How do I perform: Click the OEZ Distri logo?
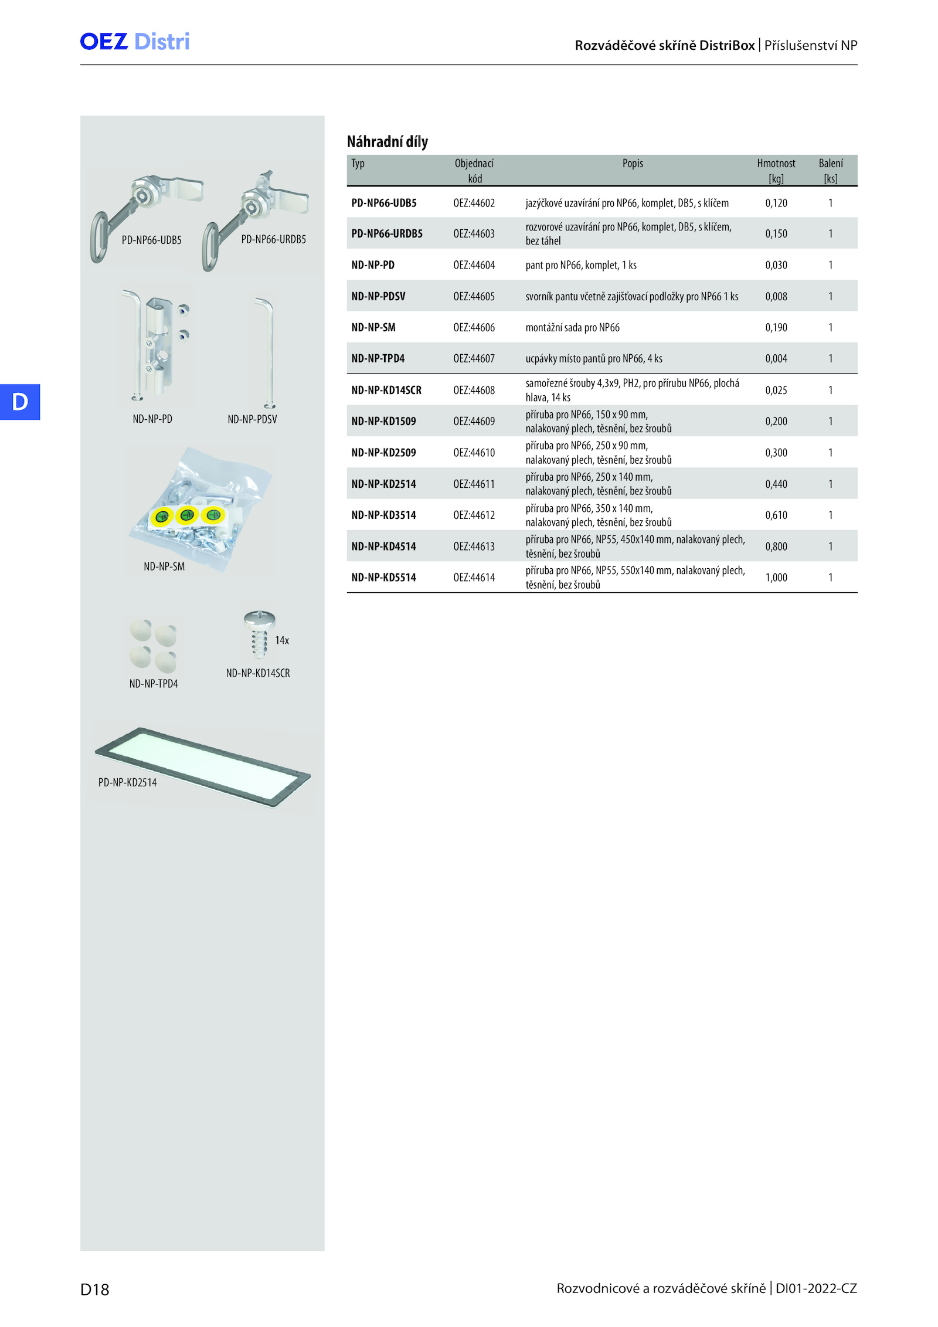click(135, 42)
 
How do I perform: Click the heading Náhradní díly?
click(388, 141)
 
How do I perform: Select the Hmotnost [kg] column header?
click(776, 171)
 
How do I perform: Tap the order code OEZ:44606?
click(474, 327)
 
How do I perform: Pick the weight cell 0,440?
click(776, 484)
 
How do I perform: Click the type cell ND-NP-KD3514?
click(383, 515)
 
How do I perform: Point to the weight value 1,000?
click(776, 578)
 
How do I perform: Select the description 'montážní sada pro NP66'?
click(572, 327)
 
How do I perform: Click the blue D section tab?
click(20, 402)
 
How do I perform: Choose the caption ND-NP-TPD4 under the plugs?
click(154, 684)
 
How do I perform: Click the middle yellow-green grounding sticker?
click(187, 515)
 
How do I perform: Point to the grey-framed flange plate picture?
click(203, 767)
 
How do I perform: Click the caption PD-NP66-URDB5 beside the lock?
click(274, 239)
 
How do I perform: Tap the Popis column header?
click(633, 163)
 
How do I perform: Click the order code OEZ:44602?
click(474, 203)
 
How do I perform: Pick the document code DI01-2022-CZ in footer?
click(816, 1288)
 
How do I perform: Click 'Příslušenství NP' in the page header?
click(811, 45)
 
